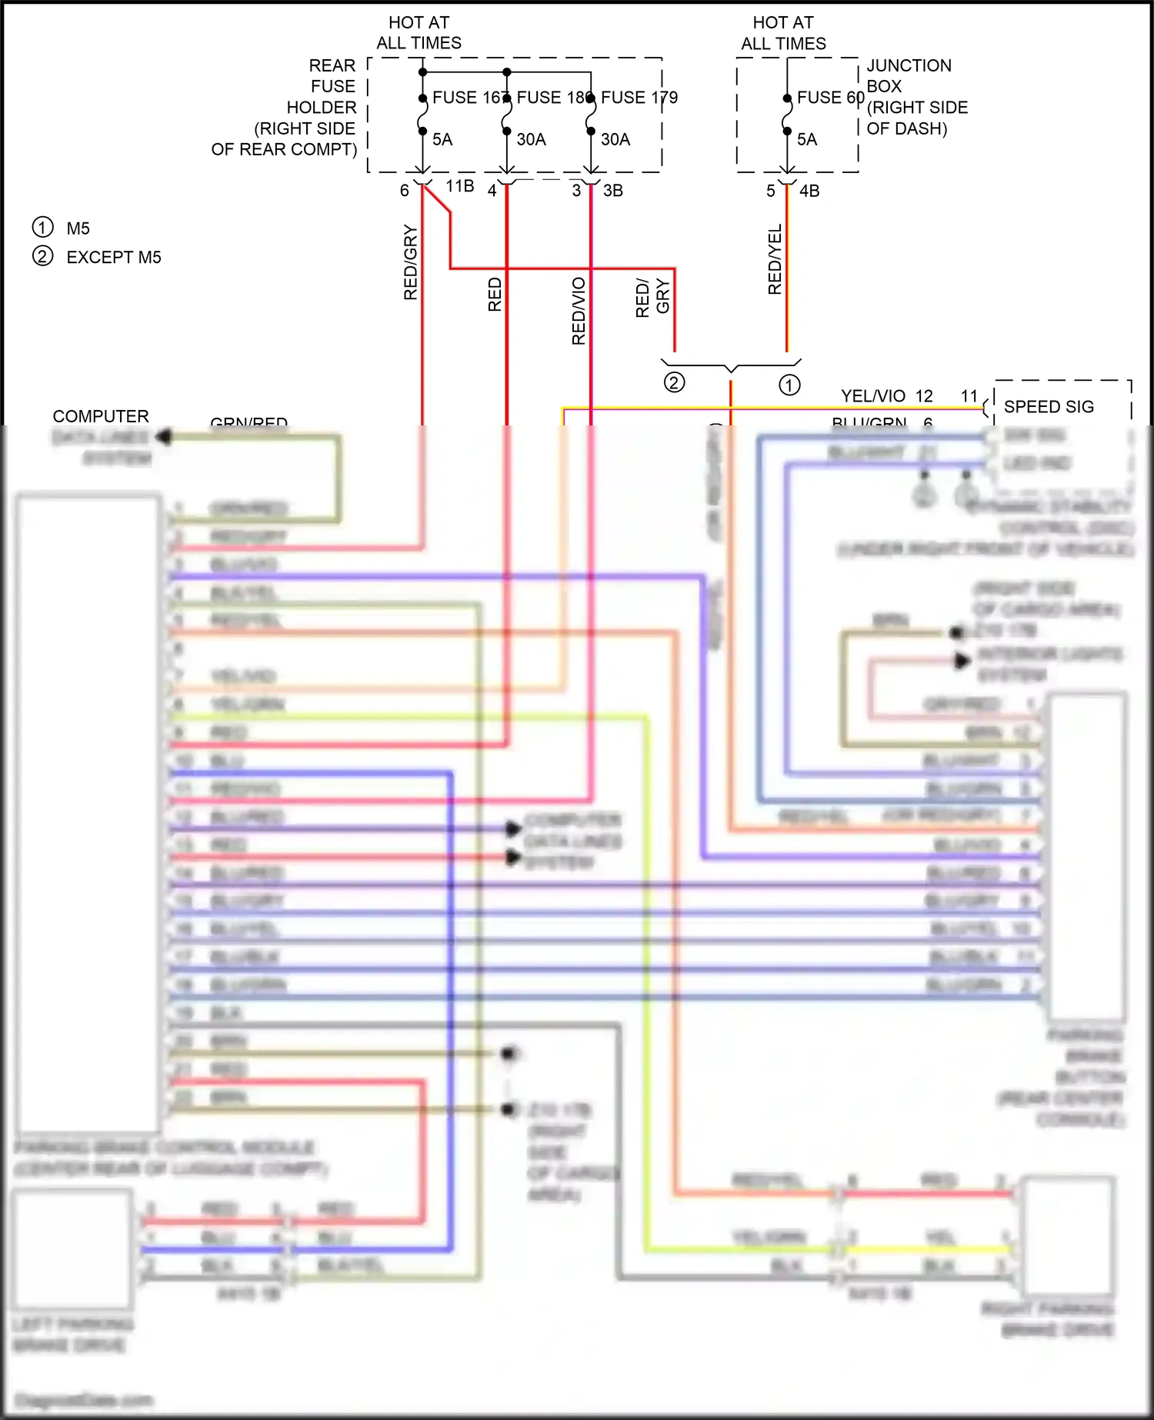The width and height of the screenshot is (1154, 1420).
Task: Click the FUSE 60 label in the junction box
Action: coord(830,98)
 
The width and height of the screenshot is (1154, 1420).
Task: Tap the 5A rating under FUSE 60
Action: coord(807,140)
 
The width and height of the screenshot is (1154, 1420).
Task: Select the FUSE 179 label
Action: coord(639,98)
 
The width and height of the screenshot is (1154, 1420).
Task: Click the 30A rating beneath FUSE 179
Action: coord(615,140)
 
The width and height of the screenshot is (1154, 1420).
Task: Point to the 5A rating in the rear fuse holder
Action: coord(442,140)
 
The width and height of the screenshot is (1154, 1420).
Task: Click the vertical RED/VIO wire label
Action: coord(579,311)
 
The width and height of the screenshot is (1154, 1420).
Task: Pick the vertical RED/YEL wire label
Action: coord(775,259)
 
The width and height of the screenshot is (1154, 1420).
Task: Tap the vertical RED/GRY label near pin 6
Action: coord(410,262)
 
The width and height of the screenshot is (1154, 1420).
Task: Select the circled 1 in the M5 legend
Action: coord(42,228)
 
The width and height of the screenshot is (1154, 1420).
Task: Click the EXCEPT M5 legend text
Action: coord(114,258)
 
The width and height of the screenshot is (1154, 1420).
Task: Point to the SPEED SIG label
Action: coord(1049,407)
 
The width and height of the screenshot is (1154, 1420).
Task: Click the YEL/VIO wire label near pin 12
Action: coord(873,396)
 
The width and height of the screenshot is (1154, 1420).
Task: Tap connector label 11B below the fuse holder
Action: coord(460,186)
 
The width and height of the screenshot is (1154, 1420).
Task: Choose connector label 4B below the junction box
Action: coord(809,191)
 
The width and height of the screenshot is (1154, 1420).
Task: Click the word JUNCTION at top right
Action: coord(909,65)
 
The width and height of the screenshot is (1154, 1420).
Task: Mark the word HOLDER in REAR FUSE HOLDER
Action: coord(322,108)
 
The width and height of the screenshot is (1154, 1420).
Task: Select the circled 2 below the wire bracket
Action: coord(674,382)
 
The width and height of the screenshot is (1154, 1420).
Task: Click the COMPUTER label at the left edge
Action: coord(101,416)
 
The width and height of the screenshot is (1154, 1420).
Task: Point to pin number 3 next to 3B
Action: coord(576,191)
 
